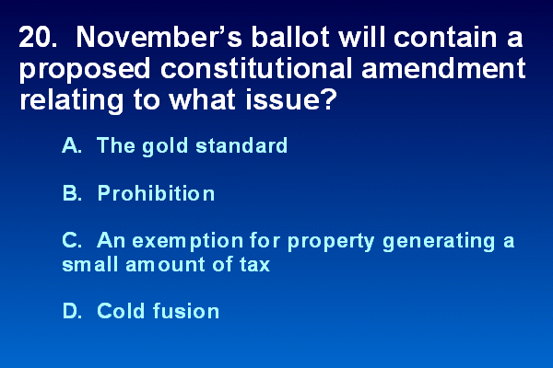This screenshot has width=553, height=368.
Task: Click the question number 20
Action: tap(38, 37)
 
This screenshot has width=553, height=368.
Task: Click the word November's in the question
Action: tap(159, 37)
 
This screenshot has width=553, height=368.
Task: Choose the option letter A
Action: tap(72, 145)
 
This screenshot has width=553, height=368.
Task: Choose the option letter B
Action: tap(72, 193)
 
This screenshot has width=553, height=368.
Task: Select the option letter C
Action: tap(72, 240)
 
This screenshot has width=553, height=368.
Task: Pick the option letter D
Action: tap(72, 311)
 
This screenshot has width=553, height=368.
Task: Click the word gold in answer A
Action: tap(165, 145)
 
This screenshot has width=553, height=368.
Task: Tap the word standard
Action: tap(241, 145)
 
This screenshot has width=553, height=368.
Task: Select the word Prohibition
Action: tap(156, 192)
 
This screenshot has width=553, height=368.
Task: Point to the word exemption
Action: tap(188, 242)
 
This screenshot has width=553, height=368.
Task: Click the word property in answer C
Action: tap(331, 242)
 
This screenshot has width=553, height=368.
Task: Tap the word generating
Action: tap(439, 242)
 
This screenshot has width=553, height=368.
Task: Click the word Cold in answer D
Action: tap(121, 311)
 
